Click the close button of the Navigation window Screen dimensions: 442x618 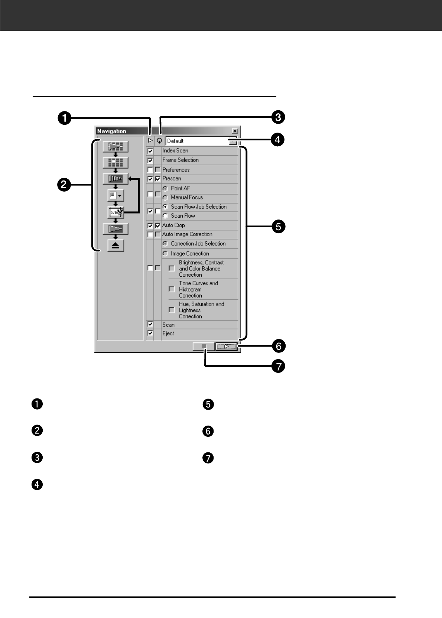235,131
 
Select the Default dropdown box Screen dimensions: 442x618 201,141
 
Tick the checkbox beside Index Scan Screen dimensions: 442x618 150,151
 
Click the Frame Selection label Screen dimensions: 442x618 180,160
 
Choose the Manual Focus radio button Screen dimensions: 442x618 166,198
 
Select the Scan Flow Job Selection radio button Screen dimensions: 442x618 166,207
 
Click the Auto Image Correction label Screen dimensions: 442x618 187,234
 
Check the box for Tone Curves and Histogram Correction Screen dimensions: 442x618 172,289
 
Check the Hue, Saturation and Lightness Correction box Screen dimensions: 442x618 172,310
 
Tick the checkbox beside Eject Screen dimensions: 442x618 150,333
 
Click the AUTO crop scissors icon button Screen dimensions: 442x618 116,212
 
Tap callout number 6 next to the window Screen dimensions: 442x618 278,346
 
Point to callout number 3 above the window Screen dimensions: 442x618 278,117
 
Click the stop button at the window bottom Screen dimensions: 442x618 204,347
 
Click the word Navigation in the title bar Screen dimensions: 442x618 111,131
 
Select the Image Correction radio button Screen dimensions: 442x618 166,254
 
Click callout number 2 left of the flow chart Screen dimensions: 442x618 64,184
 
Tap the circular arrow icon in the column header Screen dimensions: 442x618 159,141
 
